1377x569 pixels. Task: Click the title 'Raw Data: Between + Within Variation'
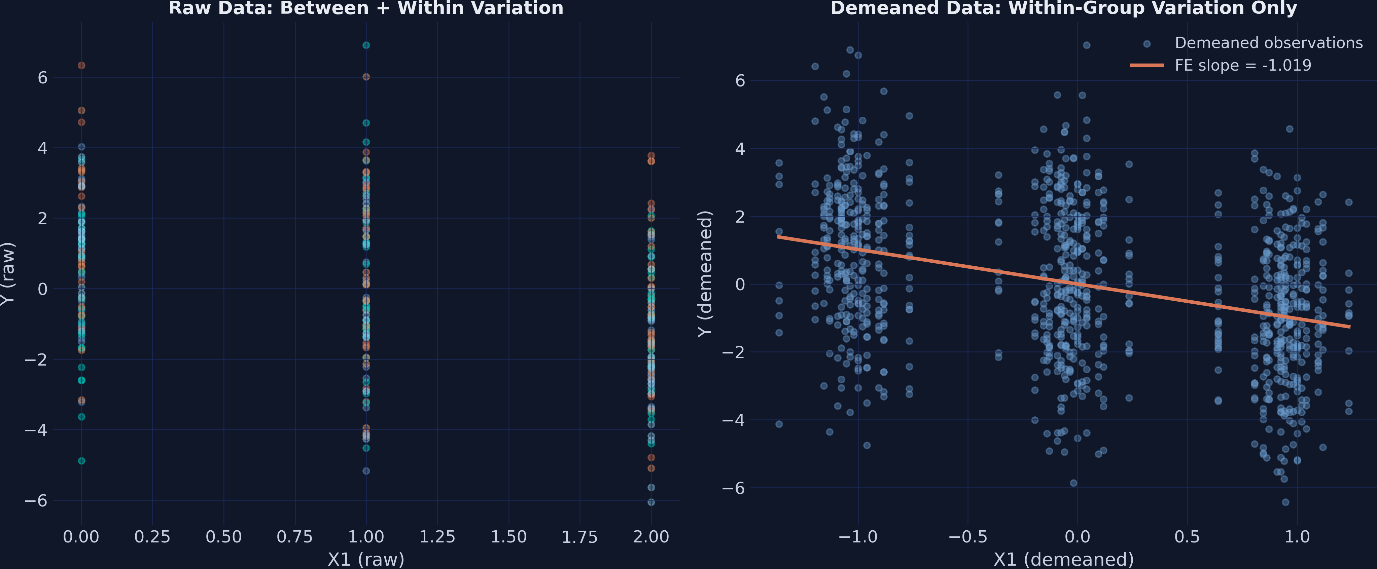(x=366, y=8)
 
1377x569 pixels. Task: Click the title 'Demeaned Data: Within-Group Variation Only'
(x=1063, y=8)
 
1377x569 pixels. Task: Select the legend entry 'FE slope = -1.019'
(x=1242, y=65)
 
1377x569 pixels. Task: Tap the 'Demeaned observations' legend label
(x=1268, y=43)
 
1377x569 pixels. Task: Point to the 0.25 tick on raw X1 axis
(x=152, y=536)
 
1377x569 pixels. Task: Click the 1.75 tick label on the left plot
(x=579, y=536)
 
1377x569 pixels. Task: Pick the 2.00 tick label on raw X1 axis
(x=650, y=536)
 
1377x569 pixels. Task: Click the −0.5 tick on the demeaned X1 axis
(x=967, y=536)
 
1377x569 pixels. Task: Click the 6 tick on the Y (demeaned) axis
(x=740, y=81)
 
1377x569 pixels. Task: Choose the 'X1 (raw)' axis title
(x=366, y=559)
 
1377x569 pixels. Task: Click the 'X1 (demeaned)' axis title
(x=1063, y=559)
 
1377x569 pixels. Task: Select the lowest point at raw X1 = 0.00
(x=81, y=460)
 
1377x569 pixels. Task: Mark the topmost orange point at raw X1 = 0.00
(x=81, y=65)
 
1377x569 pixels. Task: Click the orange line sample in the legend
(x=1146, y=65)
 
